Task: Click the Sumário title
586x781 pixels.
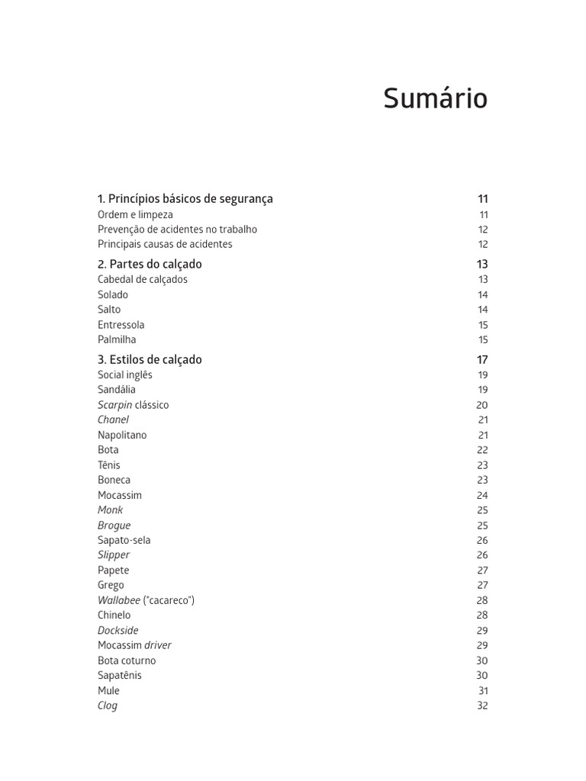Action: [435, 99]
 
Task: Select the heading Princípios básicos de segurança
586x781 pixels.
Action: [185, 199]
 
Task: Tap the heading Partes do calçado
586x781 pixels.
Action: [150, 264]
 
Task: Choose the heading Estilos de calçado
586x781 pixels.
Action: [150, 359]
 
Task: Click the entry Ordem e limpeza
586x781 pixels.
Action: [135, 215]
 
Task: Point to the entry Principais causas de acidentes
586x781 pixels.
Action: [165, 245]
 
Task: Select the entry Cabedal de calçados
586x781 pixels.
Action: [143, 280]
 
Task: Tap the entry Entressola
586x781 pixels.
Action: [121, 325]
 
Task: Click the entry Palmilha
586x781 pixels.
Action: [117, 340]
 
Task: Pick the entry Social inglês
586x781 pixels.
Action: [125, 375]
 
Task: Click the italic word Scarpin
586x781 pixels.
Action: [114, 405]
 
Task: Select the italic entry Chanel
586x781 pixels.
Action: [113, 420]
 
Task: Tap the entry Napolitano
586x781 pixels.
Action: [122, 435]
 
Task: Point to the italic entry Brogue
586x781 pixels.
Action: [114, 525]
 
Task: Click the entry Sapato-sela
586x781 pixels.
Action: [124, 541]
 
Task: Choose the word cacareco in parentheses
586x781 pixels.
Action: [169, 600]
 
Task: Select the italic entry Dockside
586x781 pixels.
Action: [118, 631]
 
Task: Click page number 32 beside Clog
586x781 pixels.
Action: [482, 706]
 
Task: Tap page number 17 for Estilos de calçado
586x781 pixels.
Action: [482, 360]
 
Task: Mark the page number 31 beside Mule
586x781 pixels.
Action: [483, 691]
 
